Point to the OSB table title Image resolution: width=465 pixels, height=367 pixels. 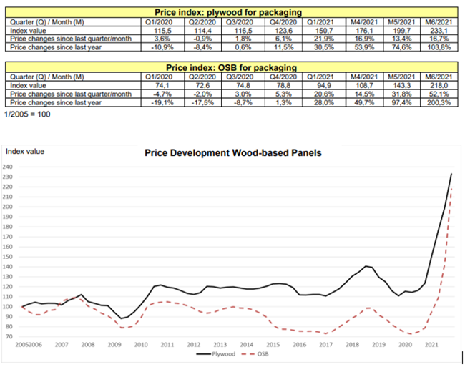pyautogui.click(x=229, y=66)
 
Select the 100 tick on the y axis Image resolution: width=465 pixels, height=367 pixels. pyautogui.click(x=9, y=306)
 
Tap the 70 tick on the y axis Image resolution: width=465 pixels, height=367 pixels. pyautogui.click(x=9, y=335)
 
